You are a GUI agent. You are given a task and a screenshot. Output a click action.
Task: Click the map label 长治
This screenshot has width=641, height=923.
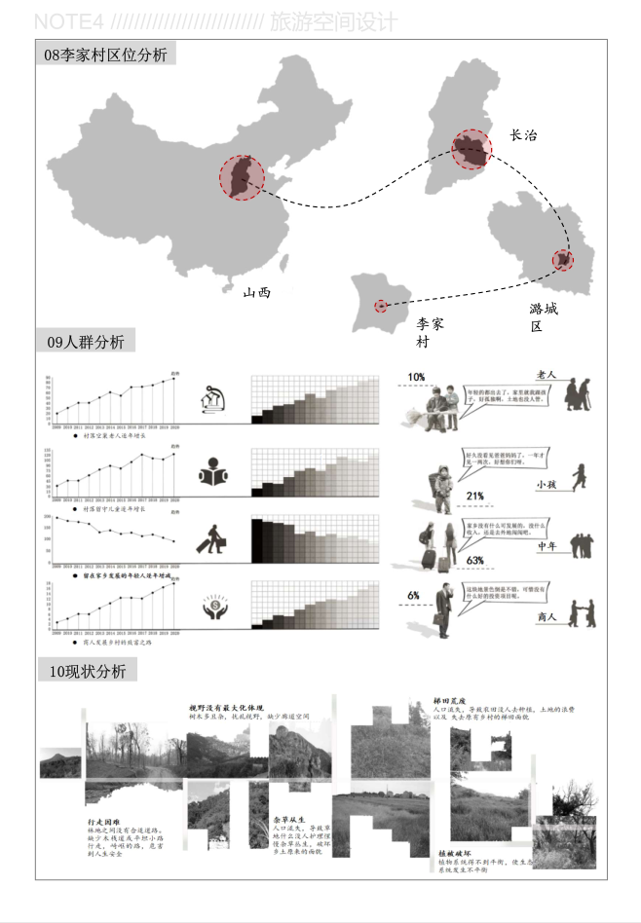click(x=523, y=136)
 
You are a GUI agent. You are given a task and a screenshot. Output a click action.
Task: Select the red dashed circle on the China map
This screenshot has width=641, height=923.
click(x=241, y=177)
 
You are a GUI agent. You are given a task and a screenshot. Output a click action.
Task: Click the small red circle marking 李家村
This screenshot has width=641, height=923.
click(x=381, y=306)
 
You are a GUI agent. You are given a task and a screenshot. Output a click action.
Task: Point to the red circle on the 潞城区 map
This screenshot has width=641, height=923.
click(x=563, y=260)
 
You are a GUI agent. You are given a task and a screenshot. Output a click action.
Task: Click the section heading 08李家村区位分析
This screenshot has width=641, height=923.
click(x=105, y=55)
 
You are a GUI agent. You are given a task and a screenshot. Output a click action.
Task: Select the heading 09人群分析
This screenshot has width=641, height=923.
click(x=86, y=342)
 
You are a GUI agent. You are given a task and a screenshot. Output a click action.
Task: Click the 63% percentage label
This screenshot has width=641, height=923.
click(x=475, y=561)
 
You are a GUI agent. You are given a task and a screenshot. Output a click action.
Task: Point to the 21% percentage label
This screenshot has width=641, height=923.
click(x=474, y=497)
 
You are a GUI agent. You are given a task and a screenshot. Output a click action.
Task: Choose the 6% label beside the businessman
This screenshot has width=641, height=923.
click(x=413, y=595)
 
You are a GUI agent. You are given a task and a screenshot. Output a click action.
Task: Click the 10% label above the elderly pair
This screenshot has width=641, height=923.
click(x=416, y=377)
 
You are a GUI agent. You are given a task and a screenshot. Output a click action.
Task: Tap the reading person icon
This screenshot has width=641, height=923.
click(x=212, y=474)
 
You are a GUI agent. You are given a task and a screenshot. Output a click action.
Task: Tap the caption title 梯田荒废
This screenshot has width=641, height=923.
click(x=450, y=700)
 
